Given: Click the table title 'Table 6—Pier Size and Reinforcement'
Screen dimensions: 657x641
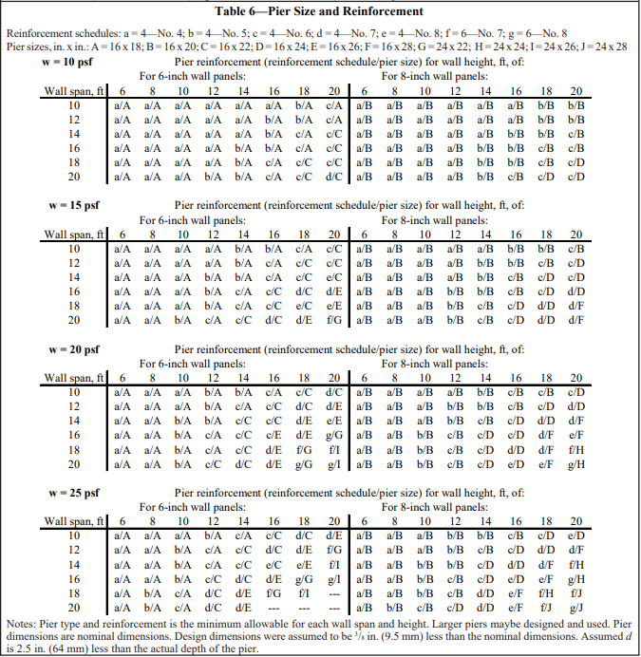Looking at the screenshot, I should click(319, 11).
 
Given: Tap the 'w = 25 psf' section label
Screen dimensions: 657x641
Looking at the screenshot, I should click(72, 493).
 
